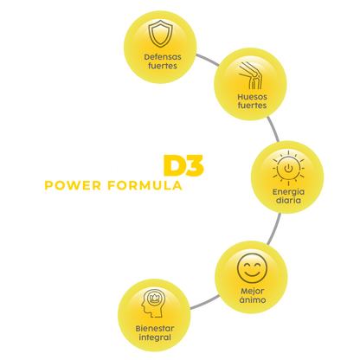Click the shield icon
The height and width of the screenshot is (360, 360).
(161, 34)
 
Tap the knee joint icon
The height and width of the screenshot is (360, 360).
(251, 75)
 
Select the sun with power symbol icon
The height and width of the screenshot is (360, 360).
(288, 168)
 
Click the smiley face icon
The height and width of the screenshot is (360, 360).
(252, 268)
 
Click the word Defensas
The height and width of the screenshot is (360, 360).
(163, 57)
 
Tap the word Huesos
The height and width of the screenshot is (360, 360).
(252, 97)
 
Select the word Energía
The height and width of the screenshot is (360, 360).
(288, 192)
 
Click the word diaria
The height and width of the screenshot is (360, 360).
(288, 200)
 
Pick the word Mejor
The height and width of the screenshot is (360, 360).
(253, 292)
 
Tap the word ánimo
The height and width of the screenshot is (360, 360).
(253, 299)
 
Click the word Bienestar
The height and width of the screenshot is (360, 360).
(155, 328)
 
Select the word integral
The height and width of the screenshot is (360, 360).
(155, 337)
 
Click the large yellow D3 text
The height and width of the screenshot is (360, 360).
(183, 165)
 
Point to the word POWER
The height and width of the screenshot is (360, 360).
(73, 185)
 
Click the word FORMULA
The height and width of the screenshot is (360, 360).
(145, 185)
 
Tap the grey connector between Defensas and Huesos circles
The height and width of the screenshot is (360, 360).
(208, 60)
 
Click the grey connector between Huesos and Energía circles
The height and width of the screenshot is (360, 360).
(273, 129)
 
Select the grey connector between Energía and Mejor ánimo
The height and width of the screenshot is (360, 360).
(274, 228)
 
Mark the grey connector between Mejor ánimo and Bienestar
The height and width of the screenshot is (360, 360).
(204, 302)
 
